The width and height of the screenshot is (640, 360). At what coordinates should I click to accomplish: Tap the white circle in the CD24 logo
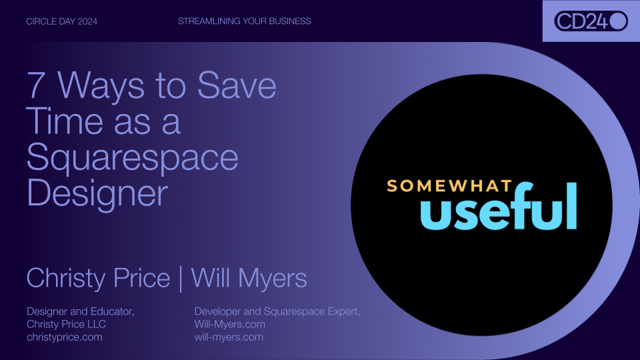click(618, 21)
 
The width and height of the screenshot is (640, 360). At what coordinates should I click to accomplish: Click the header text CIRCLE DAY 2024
click(61, 21)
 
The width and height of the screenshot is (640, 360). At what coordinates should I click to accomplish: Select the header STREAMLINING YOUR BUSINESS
click(244, 21)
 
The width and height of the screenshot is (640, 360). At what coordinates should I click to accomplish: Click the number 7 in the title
click(37, 86)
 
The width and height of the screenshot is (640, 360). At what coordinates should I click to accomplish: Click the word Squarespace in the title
click(132, 158)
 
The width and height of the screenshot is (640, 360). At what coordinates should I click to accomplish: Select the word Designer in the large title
click(97, 193)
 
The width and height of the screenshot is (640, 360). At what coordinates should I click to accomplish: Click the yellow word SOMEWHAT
click(449, 185)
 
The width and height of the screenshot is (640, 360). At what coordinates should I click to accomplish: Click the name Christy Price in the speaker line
click(98, 277)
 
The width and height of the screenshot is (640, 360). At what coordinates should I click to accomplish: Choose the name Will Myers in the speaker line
click(249, 277)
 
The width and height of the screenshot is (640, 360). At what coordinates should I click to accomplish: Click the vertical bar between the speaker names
click(181, 277)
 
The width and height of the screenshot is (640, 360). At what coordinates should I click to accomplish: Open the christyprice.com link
click(65, 337)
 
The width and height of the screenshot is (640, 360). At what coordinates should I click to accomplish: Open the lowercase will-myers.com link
click(228, 337)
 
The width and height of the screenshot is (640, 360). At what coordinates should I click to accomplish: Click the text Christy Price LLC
click(66, 324)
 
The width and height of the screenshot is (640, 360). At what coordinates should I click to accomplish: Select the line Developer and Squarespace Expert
click(277, 311)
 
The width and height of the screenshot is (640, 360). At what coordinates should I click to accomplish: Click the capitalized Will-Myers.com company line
click(229, 324)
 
